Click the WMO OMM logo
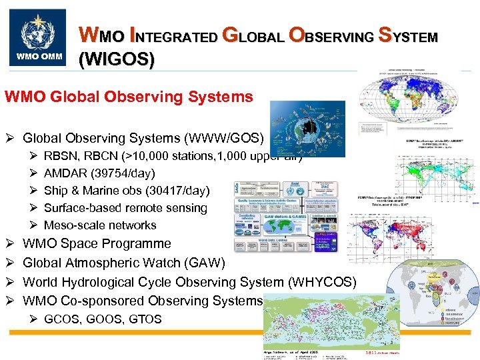(x=37, y=37)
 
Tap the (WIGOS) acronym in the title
(x=117, y=61)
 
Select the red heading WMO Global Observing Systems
(x=129, y=97)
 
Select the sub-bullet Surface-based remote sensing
(x=125, y=208)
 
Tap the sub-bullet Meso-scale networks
(x=100, y=225)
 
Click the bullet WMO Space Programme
(x=97, y=244)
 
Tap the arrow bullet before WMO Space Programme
(x=9, y=244)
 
